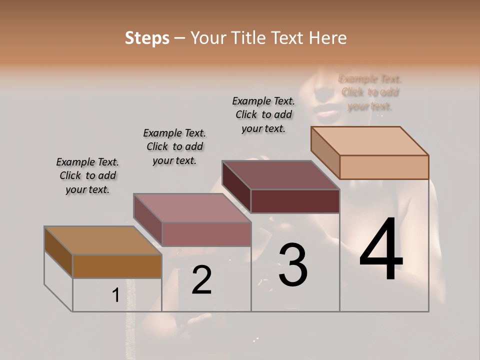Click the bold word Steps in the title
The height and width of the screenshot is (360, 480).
[x=147, y=38]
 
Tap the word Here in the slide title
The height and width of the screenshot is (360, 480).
[x=327, y=38]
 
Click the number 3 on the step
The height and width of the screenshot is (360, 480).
[x=292, y=264]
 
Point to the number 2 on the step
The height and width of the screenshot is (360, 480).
[x=201, y=280]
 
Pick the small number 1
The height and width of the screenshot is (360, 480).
[x=115, y=295]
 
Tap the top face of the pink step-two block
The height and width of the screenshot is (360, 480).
[x=192, y=208]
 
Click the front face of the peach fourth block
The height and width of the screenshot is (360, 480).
[x=384, y=167]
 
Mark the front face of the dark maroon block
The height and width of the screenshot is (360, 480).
[x=295, y=201]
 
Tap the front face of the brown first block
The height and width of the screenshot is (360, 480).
[x=117, y=266]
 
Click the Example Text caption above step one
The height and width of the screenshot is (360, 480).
[x=87, y=175]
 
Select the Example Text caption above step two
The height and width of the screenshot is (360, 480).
[x=174, y=146]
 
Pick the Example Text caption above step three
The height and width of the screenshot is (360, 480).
[x=263, y=114]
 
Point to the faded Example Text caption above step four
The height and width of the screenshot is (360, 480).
[x=370, y=92]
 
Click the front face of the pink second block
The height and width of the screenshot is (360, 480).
[x=206, y=234]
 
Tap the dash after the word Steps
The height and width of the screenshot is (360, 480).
[x=180, y=38]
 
